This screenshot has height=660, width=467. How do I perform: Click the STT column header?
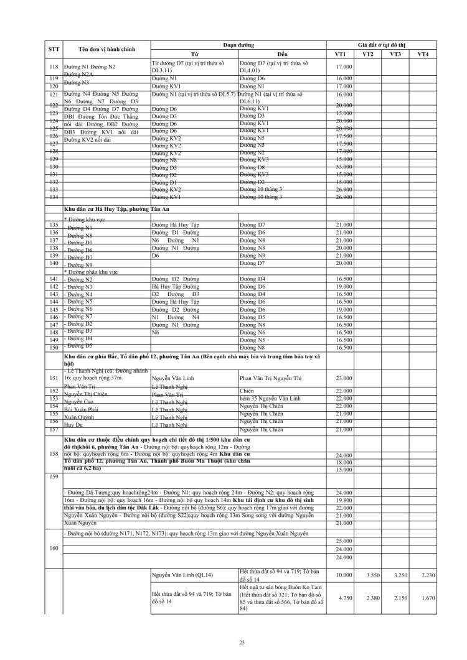pos(54,50)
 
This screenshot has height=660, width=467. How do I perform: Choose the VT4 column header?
pos(423,54)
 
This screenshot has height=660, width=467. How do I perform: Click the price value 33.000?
pos(344,167)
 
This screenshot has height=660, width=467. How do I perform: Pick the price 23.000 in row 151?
pos(344,378)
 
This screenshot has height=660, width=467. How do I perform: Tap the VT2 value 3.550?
pos(372,576)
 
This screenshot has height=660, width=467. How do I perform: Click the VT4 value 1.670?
pos(423,598)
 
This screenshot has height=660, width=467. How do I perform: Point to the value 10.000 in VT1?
pos(344,576)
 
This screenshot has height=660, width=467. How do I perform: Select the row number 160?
pos(54,549)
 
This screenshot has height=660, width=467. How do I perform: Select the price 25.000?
pos(344,541)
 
